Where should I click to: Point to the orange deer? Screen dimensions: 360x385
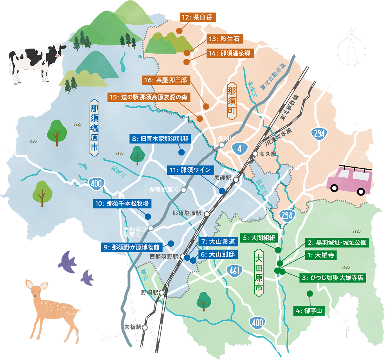(x=51, y=309)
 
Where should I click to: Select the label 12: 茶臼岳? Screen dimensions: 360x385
(x=198, y=18)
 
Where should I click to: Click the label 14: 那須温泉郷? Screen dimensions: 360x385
(x=230, y=53)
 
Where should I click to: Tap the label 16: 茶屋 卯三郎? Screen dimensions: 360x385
(x=166, y=80)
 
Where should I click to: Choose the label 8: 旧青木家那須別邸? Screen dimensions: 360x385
(x=160, y=139)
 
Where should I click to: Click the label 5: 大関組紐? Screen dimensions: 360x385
(x=259, y=238)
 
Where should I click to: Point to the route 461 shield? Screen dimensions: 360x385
(x=234, y=271)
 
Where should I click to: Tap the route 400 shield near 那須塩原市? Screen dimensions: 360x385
(x=95, y=183)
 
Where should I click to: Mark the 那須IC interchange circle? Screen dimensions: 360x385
(x=222, y=145)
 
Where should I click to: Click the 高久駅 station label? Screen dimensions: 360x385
(x=268, y=154)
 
